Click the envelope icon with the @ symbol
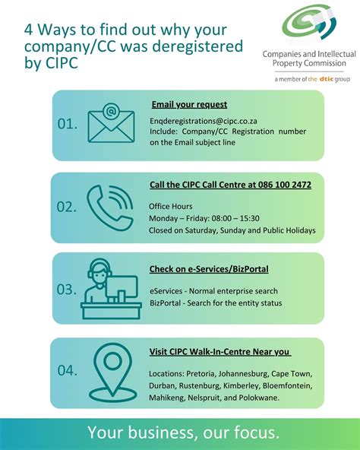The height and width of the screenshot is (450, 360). [111, 123]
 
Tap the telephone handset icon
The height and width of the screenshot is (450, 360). [111, 206]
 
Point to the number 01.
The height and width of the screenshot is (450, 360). [67, 123]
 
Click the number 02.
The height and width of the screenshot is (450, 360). [67, 206]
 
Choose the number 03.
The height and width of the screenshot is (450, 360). [67, 289]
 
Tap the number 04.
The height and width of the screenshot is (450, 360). [67, 370]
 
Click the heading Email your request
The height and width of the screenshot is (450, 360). [189, 104]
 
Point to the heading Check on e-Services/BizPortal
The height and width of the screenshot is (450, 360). [209, 269]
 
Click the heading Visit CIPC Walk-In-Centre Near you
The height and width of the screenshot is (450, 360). [220, 351]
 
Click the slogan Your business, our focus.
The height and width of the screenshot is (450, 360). [183, 433]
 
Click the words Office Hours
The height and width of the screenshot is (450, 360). [171, 206]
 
